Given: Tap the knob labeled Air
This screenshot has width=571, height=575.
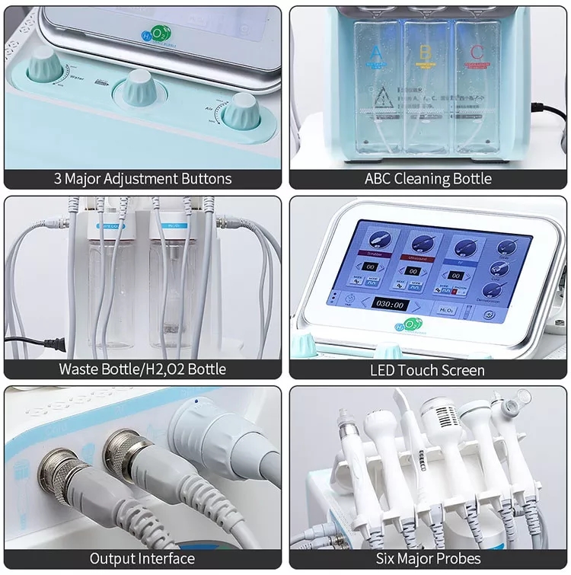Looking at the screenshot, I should (244, 111).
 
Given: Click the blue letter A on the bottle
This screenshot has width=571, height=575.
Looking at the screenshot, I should (375, 53).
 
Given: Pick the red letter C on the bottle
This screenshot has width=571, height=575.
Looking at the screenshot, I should (477, 53).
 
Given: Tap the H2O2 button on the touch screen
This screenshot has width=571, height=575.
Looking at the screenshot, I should (445, 310).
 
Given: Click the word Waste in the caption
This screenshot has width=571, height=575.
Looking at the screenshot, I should (79, 369).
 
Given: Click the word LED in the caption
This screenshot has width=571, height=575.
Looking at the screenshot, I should (383, 370).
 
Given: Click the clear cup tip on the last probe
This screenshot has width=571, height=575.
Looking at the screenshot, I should (521, 398).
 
